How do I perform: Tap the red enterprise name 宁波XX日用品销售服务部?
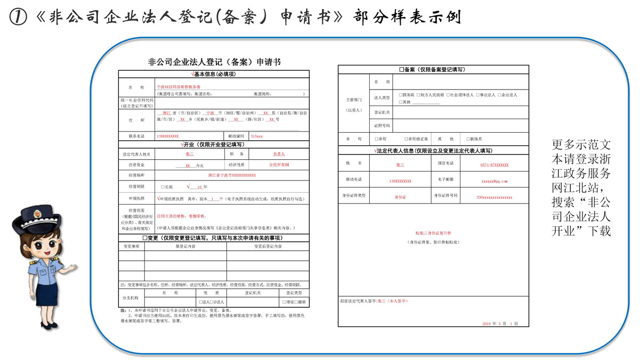(x=179, y=86)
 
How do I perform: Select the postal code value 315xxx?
(x=256, y=136)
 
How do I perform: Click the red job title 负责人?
(x=279, y=154)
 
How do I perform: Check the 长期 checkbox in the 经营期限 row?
(x=163, y=187)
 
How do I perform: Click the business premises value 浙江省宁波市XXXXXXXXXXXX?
(x=232, y=175)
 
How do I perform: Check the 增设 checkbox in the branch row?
(x=283, y=302)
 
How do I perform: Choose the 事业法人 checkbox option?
(x=477, y=95)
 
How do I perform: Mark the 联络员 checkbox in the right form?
(x=468, y=139)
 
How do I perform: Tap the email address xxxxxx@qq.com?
(x=495, y=181)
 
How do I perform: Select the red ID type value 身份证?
(x=400, y=197)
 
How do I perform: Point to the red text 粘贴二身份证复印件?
(x=433, y=233)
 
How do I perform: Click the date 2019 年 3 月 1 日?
(x=500, y=324)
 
